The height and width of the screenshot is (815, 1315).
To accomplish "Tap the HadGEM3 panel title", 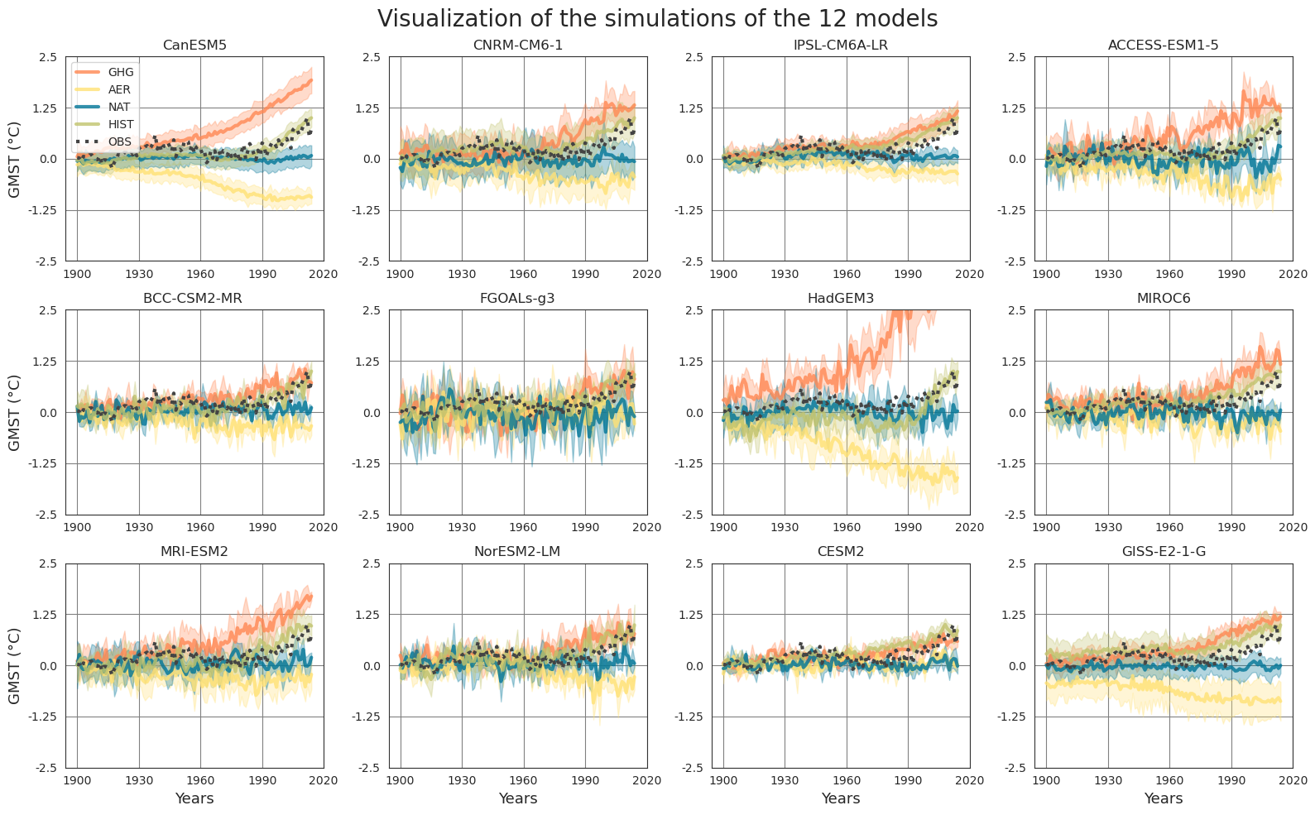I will (840, 299).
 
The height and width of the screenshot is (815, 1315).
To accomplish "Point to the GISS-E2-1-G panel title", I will (1163, 552).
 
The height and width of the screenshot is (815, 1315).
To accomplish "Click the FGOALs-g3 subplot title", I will (517, 299).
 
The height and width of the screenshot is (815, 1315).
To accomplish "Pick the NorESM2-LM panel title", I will (517, 552).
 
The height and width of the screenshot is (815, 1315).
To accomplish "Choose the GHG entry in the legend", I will (121, 73).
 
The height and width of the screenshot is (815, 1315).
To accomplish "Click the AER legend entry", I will (119, 90).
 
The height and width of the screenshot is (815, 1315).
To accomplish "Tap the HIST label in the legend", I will (121, 124).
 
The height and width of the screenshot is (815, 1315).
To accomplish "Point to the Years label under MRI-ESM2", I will (194, 799).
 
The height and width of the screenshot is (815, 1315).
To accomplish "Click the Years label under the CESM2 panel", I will (840, 799).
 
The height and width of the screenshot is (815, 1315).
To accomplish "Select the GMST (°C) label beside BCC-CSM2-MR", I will (15, 412).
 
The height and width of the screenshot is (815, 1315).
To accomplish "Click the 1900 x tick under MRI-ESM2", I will (77, 780).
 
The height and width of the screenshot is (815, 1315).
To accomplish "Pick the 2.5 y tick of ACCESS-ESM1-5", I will (1015, 57).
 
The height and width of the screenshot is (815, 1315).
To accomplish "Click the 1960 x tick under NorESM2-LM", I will (523, 780).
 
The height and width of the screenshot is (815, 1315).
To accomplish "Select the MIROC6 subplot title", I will (1163, 299).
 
